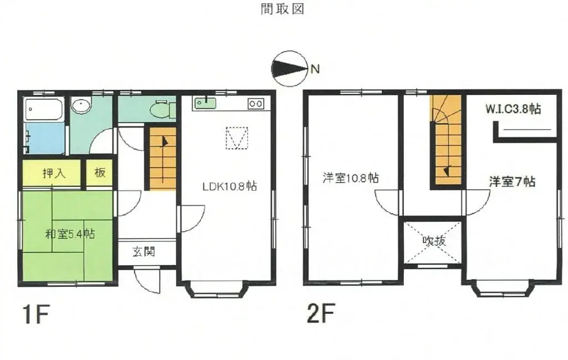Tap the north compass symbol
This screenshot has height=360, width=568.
[x=289, y=69]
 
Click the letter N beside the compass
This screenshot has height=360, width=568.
[x=315, y=69]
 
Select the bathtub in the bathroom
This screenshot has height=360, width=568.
[x=44, y=109]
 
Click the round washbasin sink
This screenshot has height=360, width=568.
[x=82, y=105]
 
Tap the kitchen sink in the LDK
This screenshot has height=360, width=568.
[x=205, y=103]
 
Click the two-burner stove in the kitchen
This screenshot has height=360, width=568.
[x=256, y=103]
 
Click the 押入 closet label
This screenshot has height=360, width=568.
[x=54, y=173]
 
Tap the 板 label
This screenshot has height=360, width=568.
[x=100, y=173]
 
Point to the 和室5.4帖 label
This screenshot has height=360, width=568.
[x=69, y=234]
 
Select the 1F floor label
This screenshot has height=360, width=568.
[x=37, y=315]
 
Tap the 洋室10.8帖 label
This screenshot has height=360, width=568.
[x=351, y=179]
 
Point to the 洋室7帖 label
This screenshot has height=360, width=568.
[x=512, y=181]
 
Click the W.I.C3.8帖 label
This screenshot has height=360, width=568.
[x=513, y=109]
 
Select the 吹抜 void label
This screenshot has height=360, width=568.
[x=433, y=241]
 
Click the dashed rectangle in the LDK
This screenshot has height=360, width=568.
[x=237, y=138]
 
